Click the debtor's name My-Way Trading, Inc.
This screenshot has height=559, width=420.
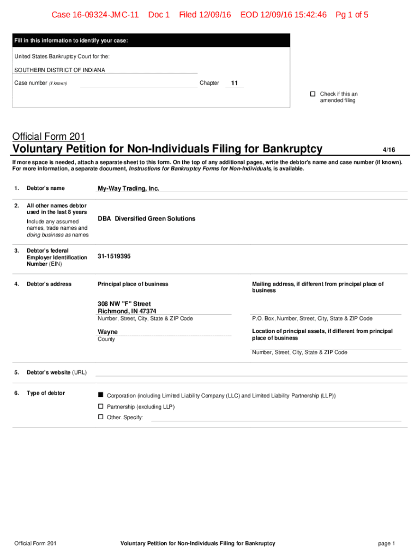pos(128,188)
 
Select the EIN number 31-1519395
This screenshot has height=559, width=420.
pos(114,256)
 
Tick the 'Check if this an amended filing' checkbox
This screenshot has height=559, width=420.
pos(313,94)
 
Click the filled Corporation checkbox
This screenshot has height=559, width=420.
pos(100,395)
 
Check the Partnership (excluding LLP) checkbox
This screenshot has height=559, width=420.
pos(100,407)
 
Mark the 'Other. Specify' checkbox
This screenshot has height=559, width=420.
pos(100,417)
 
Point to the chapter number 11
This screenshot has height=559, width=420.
pos(235,83)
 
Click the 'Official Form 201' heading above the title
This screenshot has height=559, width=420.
pos(49,136)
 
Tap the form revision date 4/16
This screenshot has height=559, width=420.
pos(388,150)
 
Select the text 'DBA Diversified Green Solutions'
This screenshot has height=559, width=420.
pos(146,218)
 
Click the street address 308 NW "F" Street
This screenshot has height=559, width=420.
pos(124,304)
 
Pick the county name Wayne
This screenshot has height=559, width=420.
pos(107,332)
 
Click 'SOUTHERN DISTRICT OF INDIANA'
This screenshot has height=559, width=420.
pos(59,70)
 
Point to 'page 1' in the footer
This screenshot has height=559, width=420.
pos(386,543)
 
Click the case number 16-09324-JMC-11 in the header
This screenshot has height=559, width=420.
pos(95,15)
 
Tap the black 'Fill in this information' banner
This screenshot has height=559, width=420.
pos(152,40)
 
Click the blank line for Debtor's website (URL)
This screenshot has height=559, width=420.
pos(251,373)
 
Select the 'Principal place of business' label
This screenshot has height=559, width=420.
pos(133,284)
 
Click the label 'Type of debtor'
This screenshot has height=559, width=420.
pos(46,393)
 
